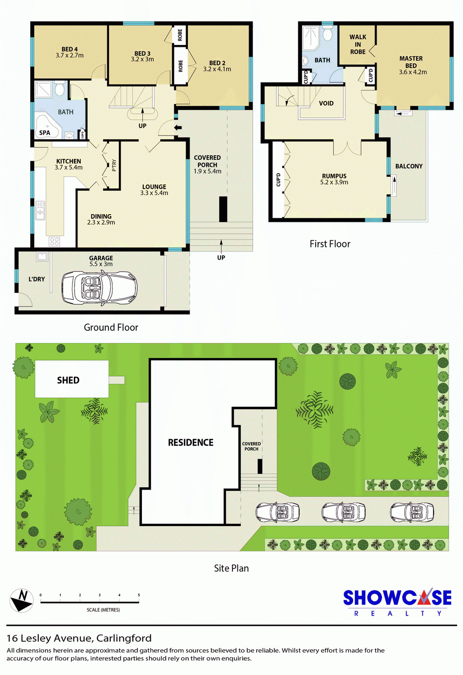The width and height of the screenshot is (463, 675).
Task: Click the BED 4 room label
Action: (70, 49)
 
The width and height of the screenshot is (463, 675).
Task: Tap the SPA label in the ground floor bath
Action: (45, 133)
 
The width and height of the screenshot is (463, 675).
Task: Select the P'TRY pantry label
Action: (114, 166)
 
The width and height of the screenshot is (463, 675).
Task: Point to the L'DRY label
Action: (36, 279)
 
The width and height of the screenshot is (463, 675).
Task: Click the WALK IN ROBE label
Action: (358, 44)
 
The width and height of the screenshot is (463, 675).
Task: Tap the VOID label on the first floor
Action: (327, 103)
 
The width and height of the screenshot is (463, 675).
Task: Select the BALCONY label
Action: (409, 166)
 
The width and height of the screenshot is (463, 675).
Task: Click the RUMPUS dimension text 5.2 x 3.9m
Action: (334, 182)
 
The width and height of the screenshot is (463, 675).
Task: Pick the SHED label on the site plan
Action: (68, 380)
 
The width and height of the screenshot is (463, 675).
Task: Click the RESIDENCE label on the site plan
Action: (191, 442)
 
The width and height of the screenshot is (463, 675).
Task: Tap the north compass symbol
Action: (22, 601)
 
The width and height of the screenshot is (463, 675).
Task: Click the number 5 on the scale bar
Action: (139, 595)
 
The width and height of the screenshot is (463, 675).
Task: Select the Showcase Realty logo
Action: (397, 603)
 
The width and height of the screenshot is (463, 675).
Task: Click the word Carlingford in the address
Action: (124, 638)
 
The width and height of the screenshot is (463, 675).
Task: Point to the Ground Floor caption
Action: (111, 327)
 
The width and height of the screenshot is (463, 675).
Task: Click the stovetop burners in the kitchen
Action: (54, 241)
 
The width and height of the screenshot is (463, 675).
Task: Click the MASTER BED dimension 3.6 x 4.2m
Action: (413, 72)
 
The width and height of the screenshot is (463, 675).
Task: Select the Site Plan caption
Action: (231, 568)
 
